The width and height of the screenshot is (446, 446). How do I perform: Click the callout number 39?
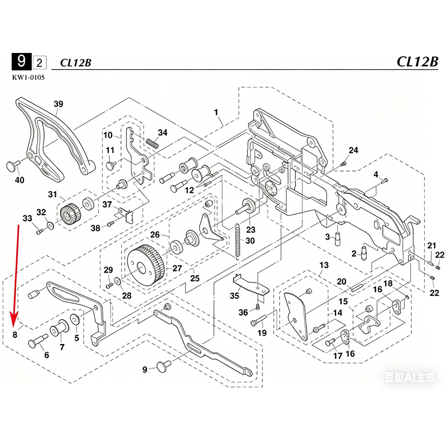pos(59,104)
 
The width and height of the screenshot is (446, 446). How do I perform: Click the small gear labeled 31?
pos(69,214)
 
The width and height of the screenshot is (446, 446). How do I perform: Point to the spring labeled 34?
pos(152,142)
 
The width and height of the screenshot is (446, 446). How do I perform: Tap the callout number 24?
pos(353,151)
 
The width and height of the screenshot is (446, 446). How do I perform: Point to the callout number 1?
pos(216,113)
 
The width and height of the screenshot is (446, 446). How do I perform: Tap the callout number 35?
pos(235,296)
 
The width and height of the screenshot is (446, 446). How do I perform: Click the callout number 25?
pos(195,278)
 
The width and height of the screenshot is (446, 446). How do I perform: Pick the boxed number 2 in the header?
pos(41,61)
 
